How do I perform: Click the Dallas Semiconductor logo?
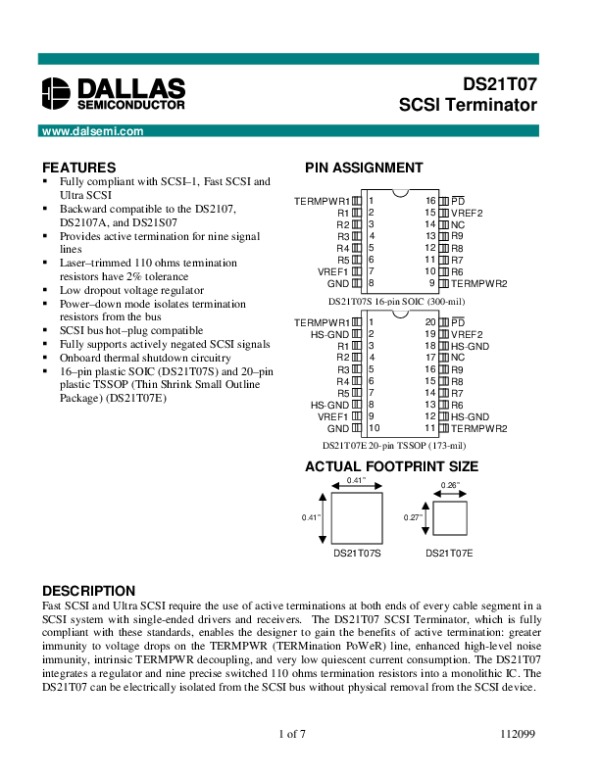coord(113,93)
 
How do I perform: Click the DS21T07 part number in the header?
coord(499,86)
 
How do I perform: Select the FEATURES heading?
coord(79,167)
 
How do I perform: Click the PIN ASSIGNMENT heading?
coord(363,167)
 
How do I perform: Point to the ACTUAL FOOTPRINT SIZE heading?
coord(391,466)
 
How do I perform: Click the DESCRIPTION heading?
coord(88,591)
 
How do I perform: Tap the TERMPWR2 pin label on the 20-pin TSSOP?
coord(479,428)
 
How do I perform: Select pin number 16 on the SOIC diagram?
coord(431,201)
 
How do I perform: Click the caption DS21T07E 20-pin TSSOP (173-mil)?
coord(393,444)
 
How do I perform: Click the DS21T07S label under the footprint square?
coord(355,553)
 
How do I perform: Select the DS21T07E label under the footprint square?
coord(450,553)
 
